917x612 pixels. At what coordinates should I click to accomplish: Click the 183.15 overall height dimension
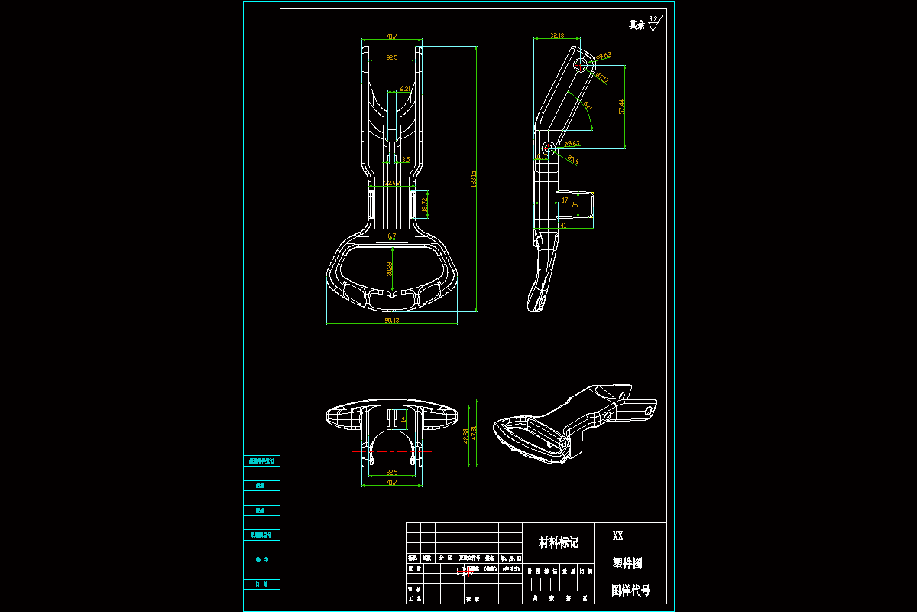point(475,179)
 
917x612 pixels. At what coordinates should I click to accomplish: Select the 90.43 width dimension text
point(391,321)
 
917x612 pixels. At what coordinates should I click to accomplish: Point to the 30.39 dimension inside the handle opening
point(389,269)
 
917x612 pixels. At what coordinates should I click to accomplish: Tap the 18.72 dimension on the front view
point(425,205)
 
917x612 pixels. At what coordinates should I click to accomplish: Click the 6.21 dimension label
point(405,90)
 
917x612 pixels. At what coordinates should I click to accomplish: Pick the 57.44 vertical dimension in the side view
point(623,106)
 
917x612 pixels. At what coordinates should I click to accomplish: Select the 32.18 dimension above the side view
point(557,35)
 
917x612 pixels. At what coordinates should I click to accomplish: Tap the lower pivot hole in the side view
point(549,147)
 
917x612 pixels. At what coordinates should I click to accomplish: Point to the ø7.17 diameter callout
point(602,79)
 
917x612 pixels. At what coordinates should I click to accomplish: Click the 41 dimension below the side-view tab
point(563,226)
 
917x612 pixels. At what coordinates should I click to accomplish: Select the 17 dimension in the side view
point(564,200)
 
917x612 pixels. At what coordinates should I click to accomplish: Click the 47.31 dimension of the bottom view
point(475,433)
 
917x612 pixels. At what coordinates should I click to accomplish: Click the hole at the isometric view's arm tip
point(650,410)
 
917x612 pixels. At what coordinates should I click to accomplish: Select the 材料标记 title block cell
point(558,543)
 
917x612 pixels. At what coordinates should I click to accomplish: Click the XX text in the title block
point(617,536)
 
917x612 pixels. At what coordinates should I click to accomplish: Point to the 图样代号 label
point(630,591)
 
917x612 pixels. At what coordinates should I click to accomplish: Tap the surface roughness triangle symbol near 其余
point(653,25)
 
